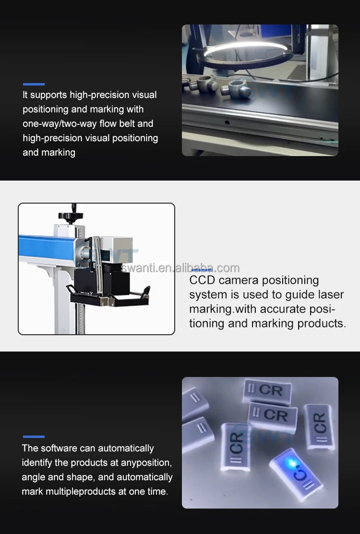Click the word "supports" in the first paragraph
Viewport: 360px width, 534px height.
pyautogui.click(x=48, y=95)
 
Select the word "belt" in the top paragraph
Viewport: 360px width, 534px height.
pyautogui.click(x=127, y=123)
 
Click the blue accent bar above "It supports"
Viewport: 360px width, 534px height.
pyautogui.click(x=34, y=84)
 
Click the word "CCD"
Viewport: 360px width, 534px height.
pyautogui.click(x=202, y=280)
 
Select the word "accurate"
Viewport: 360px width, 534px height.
pyautogui.click(x=279, y=309)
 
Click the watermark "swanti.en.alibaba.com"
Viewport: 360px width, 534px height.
pyautogui.click(x=180, y=267)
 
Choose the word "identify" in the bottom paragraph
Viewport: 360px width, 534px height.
pyautogui.click(x=37, y=463)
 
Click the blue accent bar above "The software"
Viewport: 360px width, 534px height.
pyautogui.click(x=34, y=437)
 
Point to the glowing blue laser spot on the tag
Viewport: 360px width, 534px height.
pyautogui.click(x=291, y=463)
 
